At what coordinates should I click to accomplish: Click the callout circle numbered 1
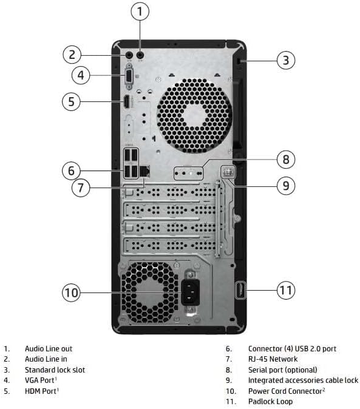coord(141,12)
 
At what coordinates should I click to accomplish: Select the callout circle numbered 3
coord(286,60)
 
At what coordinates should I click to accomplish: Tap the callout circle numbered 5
coord(72,101)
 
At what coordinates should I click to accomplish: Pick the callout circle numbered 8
coord(286,160)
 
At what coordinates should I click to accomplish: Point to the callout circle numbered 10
coord(72,293)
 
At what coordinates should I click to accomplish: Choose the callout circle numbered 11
coord(286,290)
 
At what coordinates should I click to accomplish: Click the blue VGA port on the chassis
coord(129,76)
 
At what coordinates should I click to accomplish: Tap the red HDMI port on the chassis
coord(126,102)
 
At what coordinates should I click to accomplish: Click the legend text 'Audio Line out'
coord(48,348)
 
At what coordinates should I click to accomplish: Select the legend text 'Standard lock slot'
coord(55,370)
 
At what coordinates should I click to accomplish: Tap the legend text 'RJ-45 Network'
coord(273,359)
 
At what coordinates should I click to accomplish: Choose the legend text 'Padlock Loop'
coord(270,401)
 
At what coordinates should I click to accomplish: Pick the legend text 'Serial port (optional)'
coord(282,370)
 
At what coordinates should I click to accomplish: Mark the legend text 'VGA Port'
coord(40,380)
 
